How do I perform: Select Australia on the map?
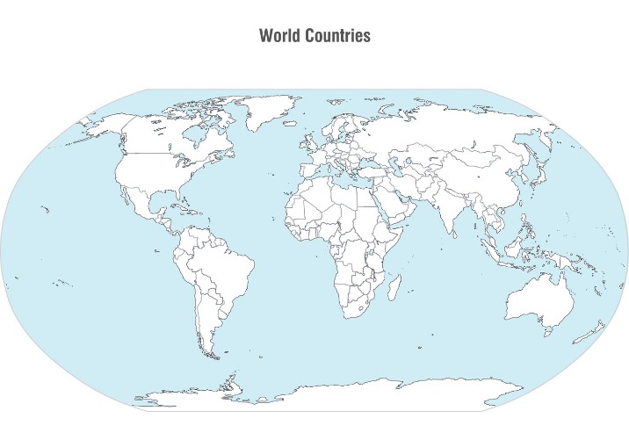pyautogui.click(x=538, y=303)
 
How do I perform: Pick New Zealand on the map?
pyautogui.click(x=596, y=331)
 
